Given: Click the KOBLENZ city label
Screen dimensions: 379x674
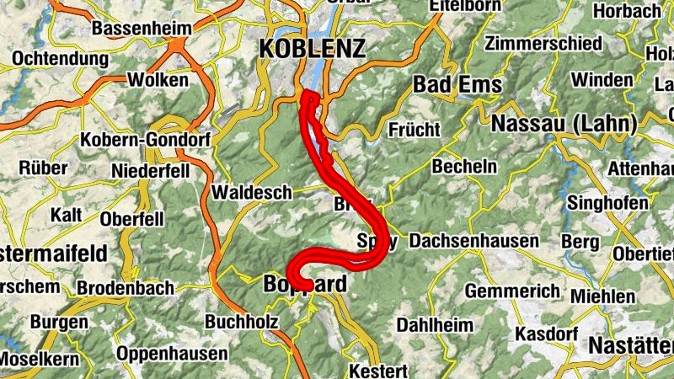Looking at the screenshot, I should [x=312, y=49].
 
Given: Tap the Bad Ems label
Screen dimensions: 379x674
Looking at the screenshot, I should [x=457, y=85].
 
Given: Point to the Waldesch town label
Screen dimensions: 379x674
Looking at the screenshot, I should [x=250, y=192].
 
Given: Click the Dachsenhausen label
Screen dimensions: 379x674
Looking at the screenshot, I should [x=473, y=242].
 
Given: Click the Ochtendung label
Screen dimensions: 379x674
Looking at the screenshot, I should [x=61, y=60].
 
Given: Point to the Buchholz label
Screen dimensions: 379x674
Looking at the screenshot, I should [x=241, y=322].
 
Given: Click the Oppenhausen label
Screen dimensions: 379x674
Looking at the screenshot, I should [x=172, y=354].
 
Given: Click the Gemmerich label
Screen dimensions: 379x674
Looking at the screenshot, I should [x=512, y=291].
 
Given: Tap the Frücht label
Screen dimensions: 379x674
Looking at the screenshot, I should [x=414, y=130].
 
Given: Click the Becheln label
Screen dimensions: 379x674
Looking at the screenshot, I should [x=464, y=167].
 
